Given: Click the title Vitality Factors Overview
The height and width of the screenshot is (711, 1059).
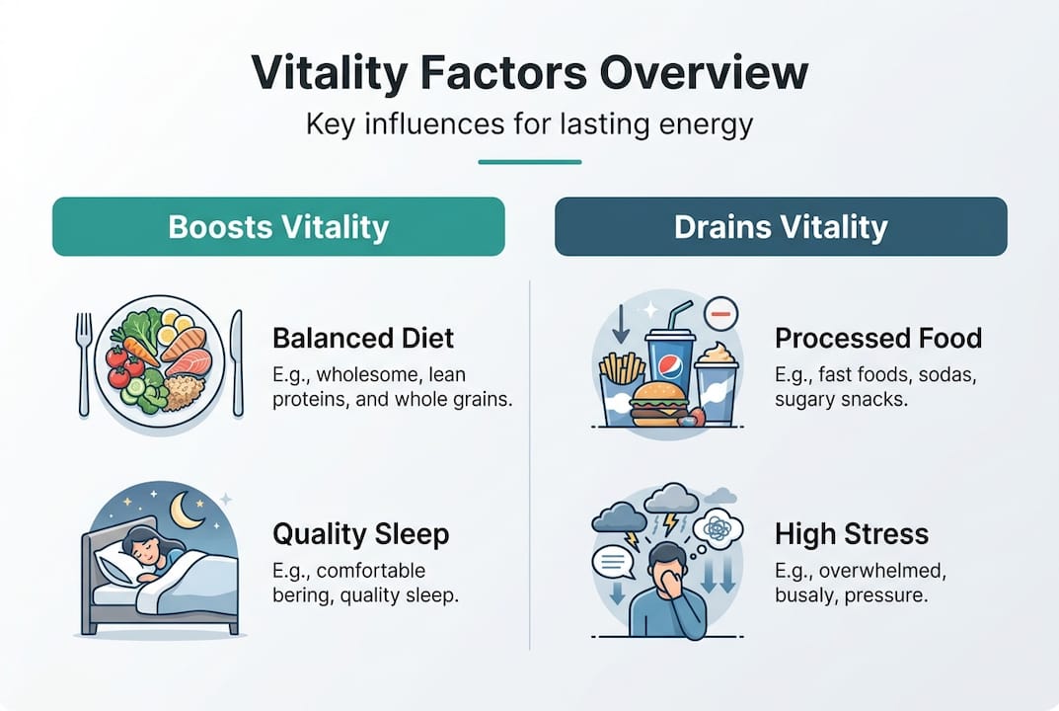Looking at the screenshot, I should (529, 74).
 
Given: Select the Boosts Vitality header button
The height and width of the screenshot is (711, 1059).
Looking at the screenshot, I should (278, 227).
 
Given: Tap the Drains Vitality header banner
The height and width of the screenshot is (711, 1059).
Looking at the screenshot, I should (781, 227).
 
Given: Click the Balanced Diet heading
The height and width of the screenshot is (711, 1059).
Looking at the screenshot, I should (363, 339).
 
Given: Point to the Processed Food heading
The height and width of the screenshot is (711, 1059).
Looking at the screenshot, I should (877, 339).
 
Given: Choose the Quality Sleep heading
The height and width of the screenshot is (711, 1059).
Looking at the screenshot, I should (360, 534).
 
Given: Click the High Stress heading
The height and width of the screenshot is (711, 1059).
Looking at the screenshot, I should (852, 534).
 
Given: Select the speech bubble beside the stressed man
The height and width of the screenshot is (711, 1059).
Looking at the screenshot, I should (612, 562).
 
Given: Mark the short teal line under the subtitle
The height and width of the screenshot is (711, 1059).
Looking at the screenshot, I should (529, 162).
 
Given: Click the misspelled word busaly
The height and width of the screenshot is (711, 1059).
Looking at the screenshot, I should (807, 596).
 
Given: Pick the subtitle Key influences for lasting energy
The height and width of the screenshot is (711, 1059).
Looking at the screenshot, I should (529, 125).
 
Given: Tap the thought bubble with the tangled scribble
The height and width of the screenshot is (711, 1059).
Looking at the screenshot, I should (718, 530).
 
